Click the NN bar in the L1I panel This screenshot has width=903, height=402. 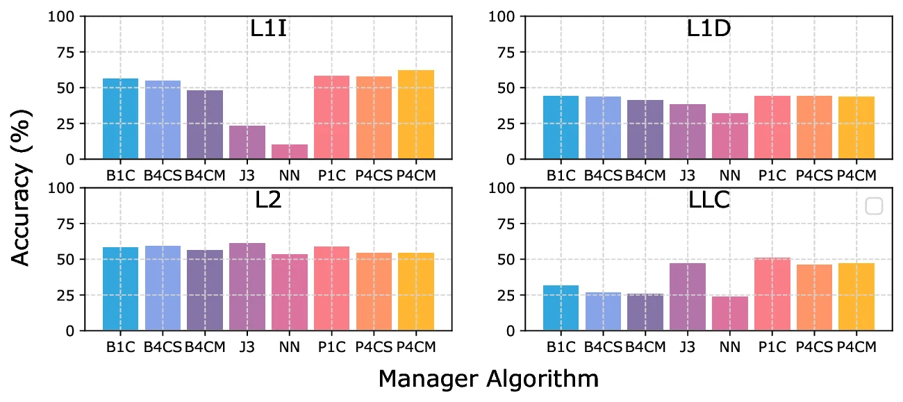290,152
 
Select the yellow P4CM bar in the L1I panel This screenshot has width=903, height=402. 416,115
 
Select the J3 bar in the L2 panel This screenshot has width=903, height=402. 247,287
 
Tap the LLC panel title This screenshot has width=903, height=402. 708,202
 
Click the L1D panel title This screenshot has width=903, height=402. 709,31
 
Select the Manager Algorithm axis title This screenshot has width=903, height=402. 488,379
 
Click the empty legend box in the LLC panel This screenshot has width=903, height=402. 874,206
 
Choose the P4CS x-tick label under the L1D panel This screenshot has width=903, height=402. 814,176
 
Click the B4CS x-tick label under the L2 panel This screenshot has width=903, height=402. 163,347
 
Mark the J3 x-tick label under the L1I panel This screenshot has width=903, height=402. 247,176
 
